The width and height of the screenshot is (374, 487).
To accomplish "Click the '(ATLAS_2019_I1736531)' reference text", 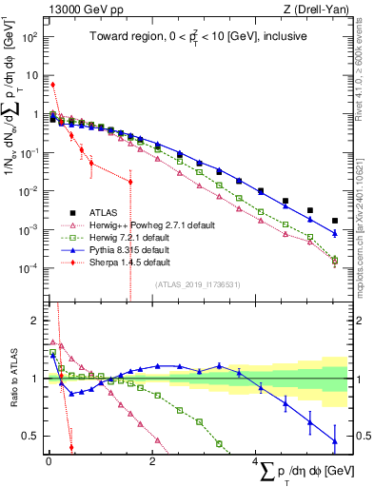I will [195, 284].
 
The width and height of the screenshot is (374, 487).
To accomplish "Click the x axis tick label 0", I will [49, 463].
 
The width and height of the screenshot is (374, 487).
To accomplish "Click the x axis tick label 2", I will [152, 463].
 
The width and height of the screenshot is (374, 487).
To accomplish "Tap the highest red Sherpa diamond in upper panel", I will [52, 85].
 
